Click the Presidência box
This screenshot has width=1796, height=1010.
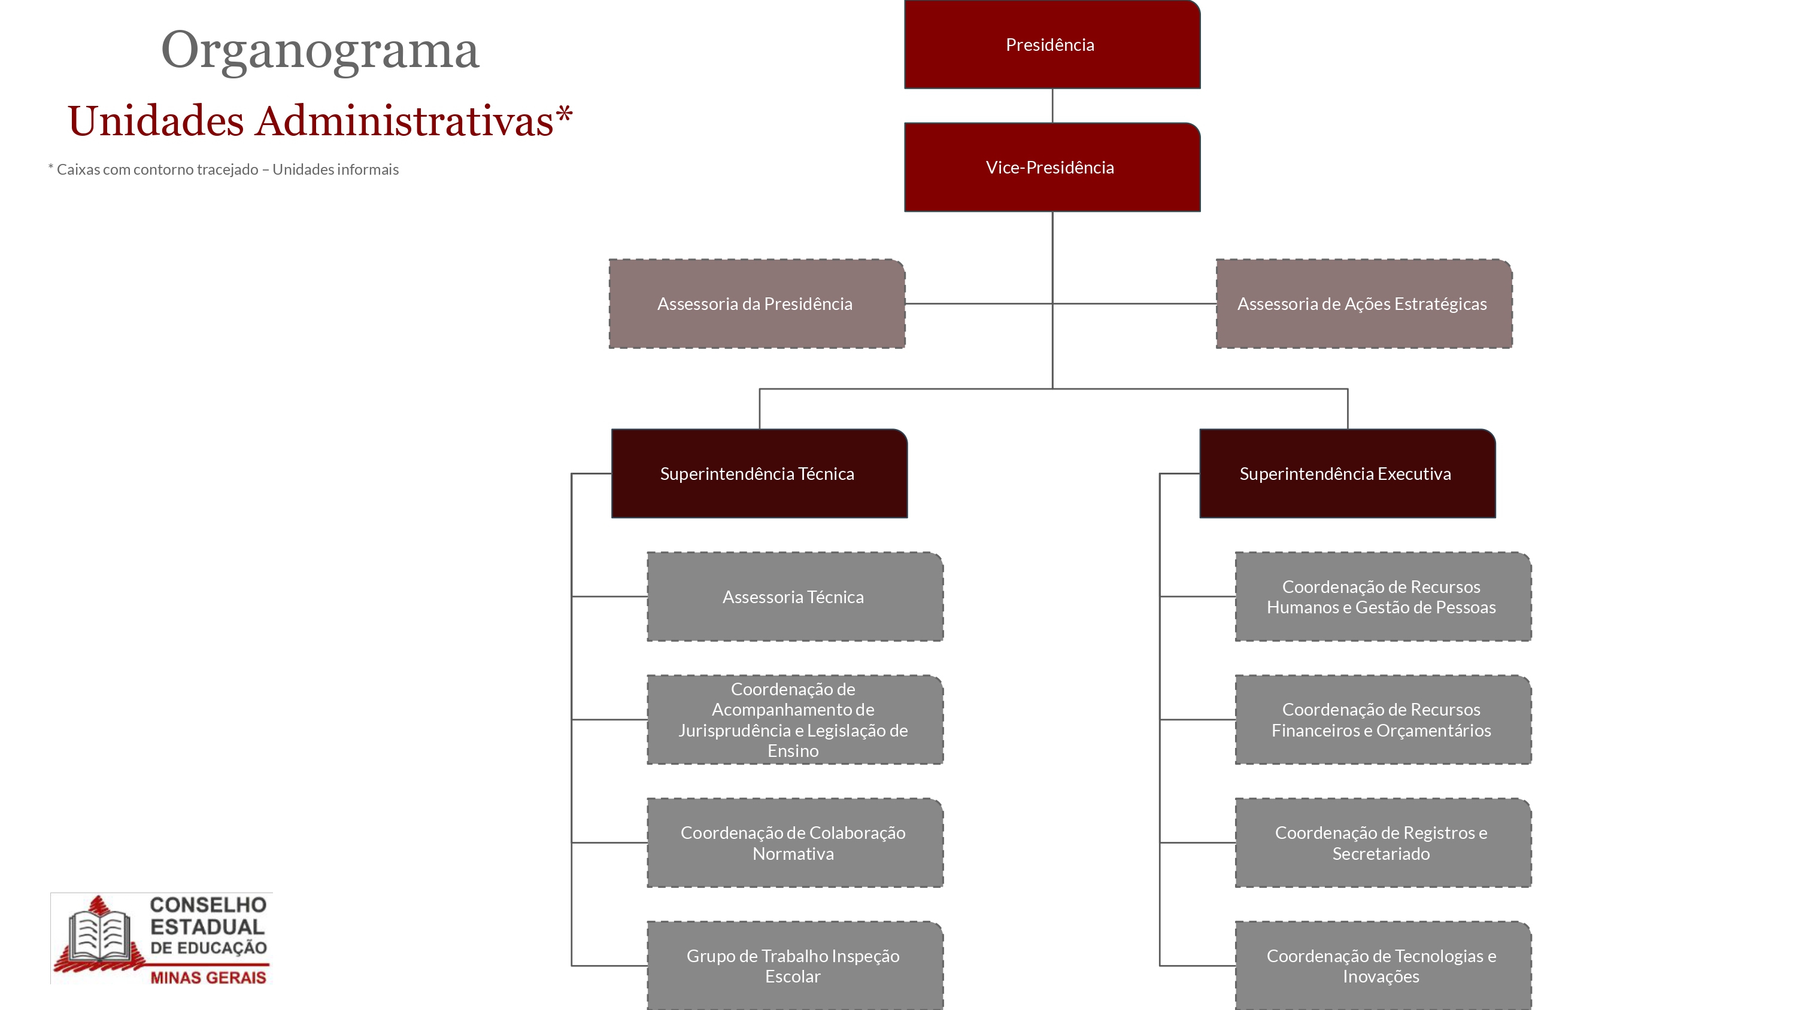(1052, 45)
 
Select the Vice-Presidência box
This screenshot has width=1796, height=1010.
(1052, 168)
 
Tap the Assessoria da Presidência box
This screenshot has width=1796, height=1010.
(757, 304)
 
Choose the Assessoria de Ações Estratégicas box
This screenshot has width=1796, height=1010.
(1364, 304)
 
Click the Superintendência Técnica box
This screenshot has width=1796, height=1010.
(759, 473)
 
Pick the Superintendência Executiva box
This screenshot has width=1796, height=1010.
(1348, 473)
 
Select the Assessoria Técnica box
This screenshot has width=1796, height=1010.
(796, 597)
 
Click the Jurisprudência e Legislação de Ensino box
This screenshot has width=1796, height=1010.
(796, 719)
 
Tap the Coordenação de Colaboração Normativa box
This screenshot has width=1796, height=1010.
(796, 842)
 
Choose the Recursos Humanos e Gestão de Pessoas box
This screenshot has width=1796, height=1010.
(1384, 597)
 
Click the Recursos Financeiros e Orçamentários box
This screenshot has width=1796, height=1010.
(1384, 719)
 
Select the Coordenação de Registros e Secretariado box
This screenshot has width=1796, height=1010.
(1384, 842)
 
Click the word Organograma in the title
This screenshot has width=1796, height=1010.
(320, 51)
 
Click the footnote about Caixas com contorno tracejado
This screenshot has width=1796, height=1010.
(223, 169)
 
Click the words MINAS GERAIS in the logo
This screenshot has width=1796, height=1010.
(208, 977)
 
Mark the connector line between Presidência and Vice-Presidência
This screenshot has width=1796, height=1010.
(1052, 106)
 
